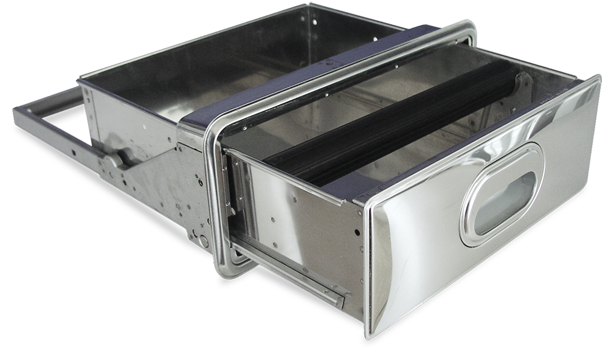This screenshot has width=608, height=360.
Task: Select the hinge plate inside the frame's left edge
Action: (x=228, y=182)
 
